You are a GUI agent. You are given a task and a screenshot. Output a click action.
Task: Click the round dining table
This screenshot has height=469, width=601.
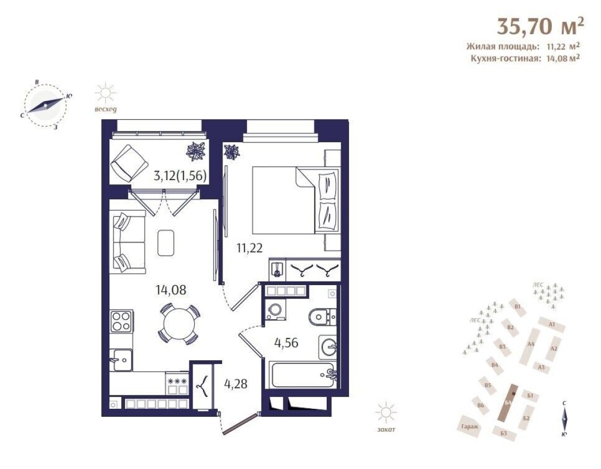(x=178, y=323)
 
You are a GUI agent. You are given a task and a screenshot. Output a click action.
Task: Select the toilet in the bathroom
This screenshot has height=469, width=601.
(x=322, y=317)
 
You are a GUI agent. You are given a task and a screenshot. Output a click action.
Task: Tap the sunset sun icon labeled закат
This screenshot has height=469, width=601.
(x=385, y=414)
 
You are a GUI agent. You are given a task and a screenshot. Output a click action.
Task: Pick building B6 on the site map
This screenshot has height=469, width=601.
(x=481, y=406)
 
